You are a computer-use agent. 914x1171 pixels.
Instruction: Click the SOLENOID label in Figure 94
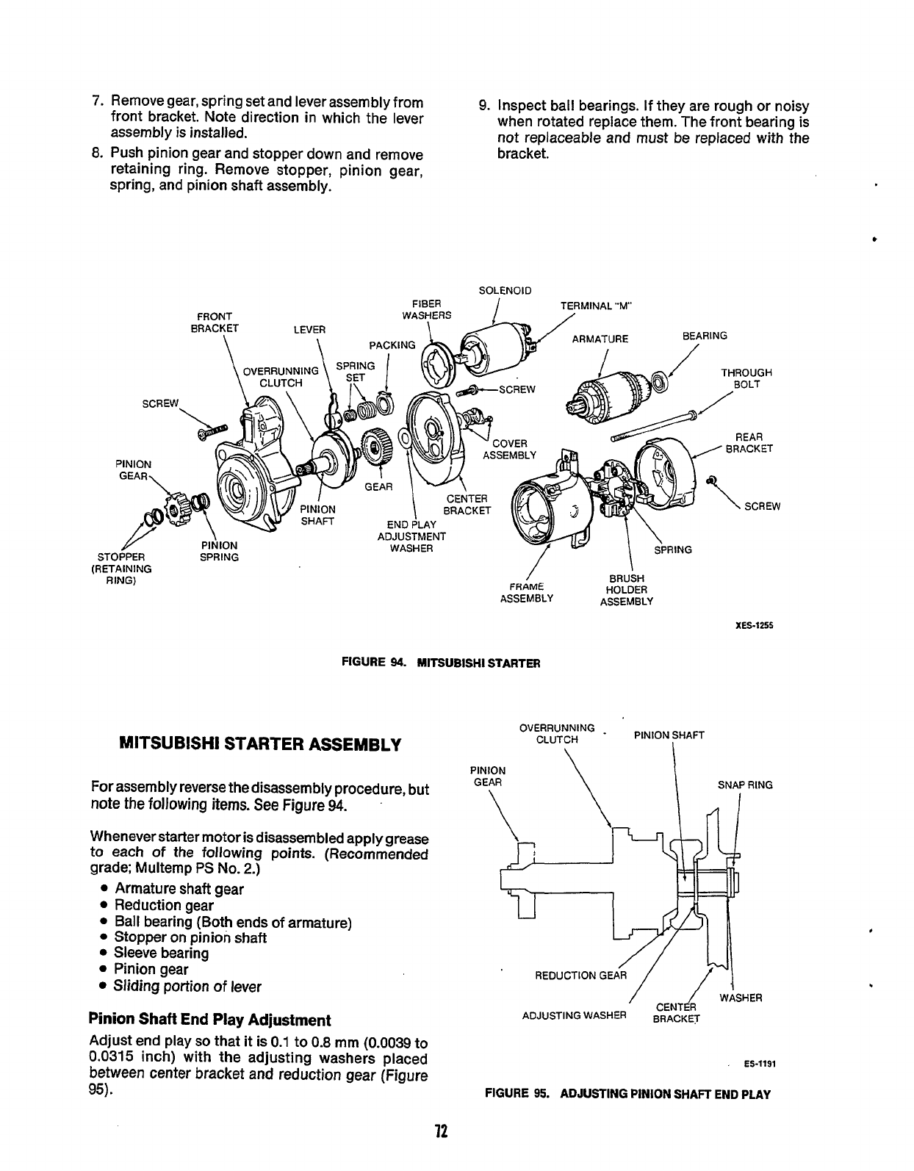[504, 290]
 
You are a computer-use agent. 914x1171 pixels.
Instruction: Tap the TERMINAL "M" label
[595, 307]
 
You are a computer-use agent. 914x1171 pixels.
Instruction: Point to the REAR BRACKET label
[748, 443]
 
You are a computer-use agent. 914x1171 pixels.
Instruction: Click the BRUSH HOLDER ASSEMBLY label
[626, 590]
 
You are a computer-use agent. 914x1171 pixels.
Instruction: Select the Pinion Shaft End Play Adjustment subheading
[209, 1020]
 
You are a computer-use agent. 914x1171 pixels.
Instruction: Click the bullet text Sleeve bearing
[161, 954]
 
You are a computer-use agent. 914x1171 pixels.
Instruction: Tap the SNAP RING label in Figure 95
[744, 785]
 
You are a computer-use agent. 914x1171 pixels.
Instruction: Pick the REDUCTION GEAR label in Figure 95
[580, 976]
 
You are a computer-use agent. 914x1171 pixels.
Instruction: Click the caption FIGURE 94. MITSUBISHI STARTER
[442, 663]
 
